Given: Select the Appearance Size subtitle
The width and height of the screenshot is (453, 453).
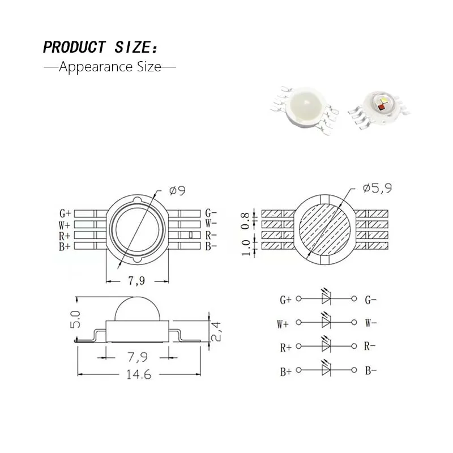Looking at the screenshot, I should tap(110, 67).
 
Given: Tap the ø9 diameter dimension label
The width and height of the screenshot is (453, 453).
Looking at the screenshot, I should tap(177, 191).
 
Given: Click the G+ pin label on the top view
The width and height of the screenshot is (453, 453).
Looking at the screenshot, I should tap(65, 213).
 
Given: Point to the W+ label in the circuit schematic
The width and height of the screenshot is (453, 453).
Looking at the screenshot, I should tap(283, 324).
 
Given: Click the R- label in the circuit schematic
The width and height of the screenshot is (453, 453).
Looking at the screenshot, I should tap(371, 347).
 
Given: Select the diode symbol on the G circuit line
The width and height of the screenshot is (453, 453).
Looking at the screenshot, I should tap(326, 298).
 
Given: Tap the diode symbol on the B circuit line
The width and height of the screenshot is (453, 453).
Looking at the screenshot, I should tap(326, 370).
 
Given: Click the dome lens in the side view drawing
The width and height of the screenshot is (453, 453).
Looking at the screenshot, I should tap(138, 309).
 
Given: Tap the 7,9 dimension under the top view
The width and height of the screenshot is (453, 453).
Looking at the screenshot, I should tap(138, 280).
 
